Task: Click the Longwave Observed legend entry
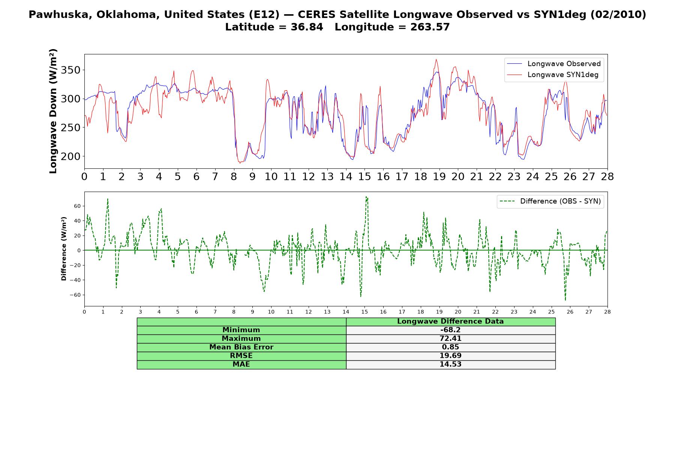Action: pyautogui.click(x=553, y=64)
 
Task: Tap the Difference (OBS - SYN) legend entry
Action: pyautogui.click(x=550, y=201)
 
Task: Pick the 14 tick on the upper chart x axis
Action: pyautogui.click(x=346, y=177)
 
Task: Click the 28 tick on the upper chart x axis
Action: pyautogui.click(x=607, y=177)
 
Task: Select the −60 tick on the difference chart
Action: pyautogui.click(x=75, y=295)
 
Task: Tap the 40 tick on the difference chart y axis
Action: pyautogui.click(x=78, y=221)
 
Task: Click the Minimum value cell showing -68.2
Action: pyautogui.click(x=450, y=330)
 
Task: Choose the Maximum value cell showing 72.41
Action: pyautogui.click(x=450, y=339)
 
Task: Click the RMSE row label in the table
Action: pyautogui.click(x=241, y=356)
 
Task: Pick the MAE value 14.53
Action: pyautogui.click(x=450, y=364)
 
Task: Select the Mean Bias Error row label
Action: pyautogui.click(x=241, y=347)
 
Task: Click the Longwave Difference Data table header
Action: pyautogui.click(x=450, y=321)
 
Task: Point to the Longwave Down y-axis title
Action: pyautogui.click(x=53, y=111)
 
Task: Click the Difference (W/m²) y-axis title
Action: pyautogui.click(x=64, y=249)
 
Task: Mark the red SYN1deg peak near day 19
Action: pyautogui.click(x=436, y=59)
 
